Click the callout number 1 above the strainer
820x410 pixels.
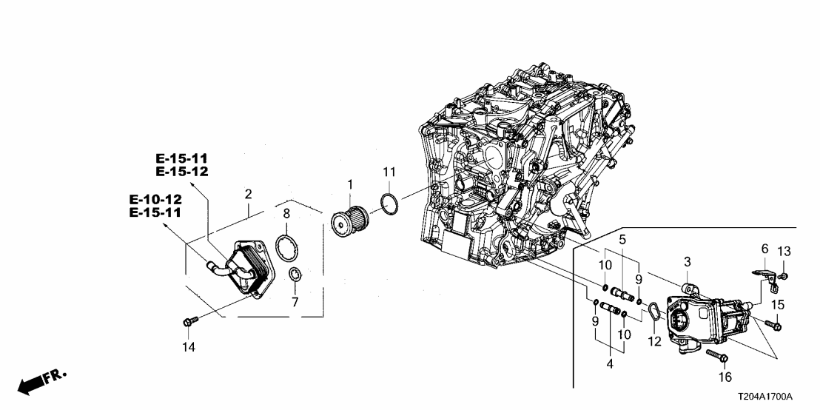351,181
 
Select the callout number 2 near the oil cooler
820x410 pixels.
249,194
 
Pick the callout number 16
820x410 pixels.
724,377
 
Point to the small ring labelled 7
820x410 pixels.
295,277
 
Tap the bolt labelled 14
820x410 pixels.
188,323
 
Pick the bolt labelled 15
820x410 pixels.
775,323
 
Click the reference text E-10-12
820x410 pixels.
155,199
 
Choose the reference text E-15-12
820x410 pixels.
182,172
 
